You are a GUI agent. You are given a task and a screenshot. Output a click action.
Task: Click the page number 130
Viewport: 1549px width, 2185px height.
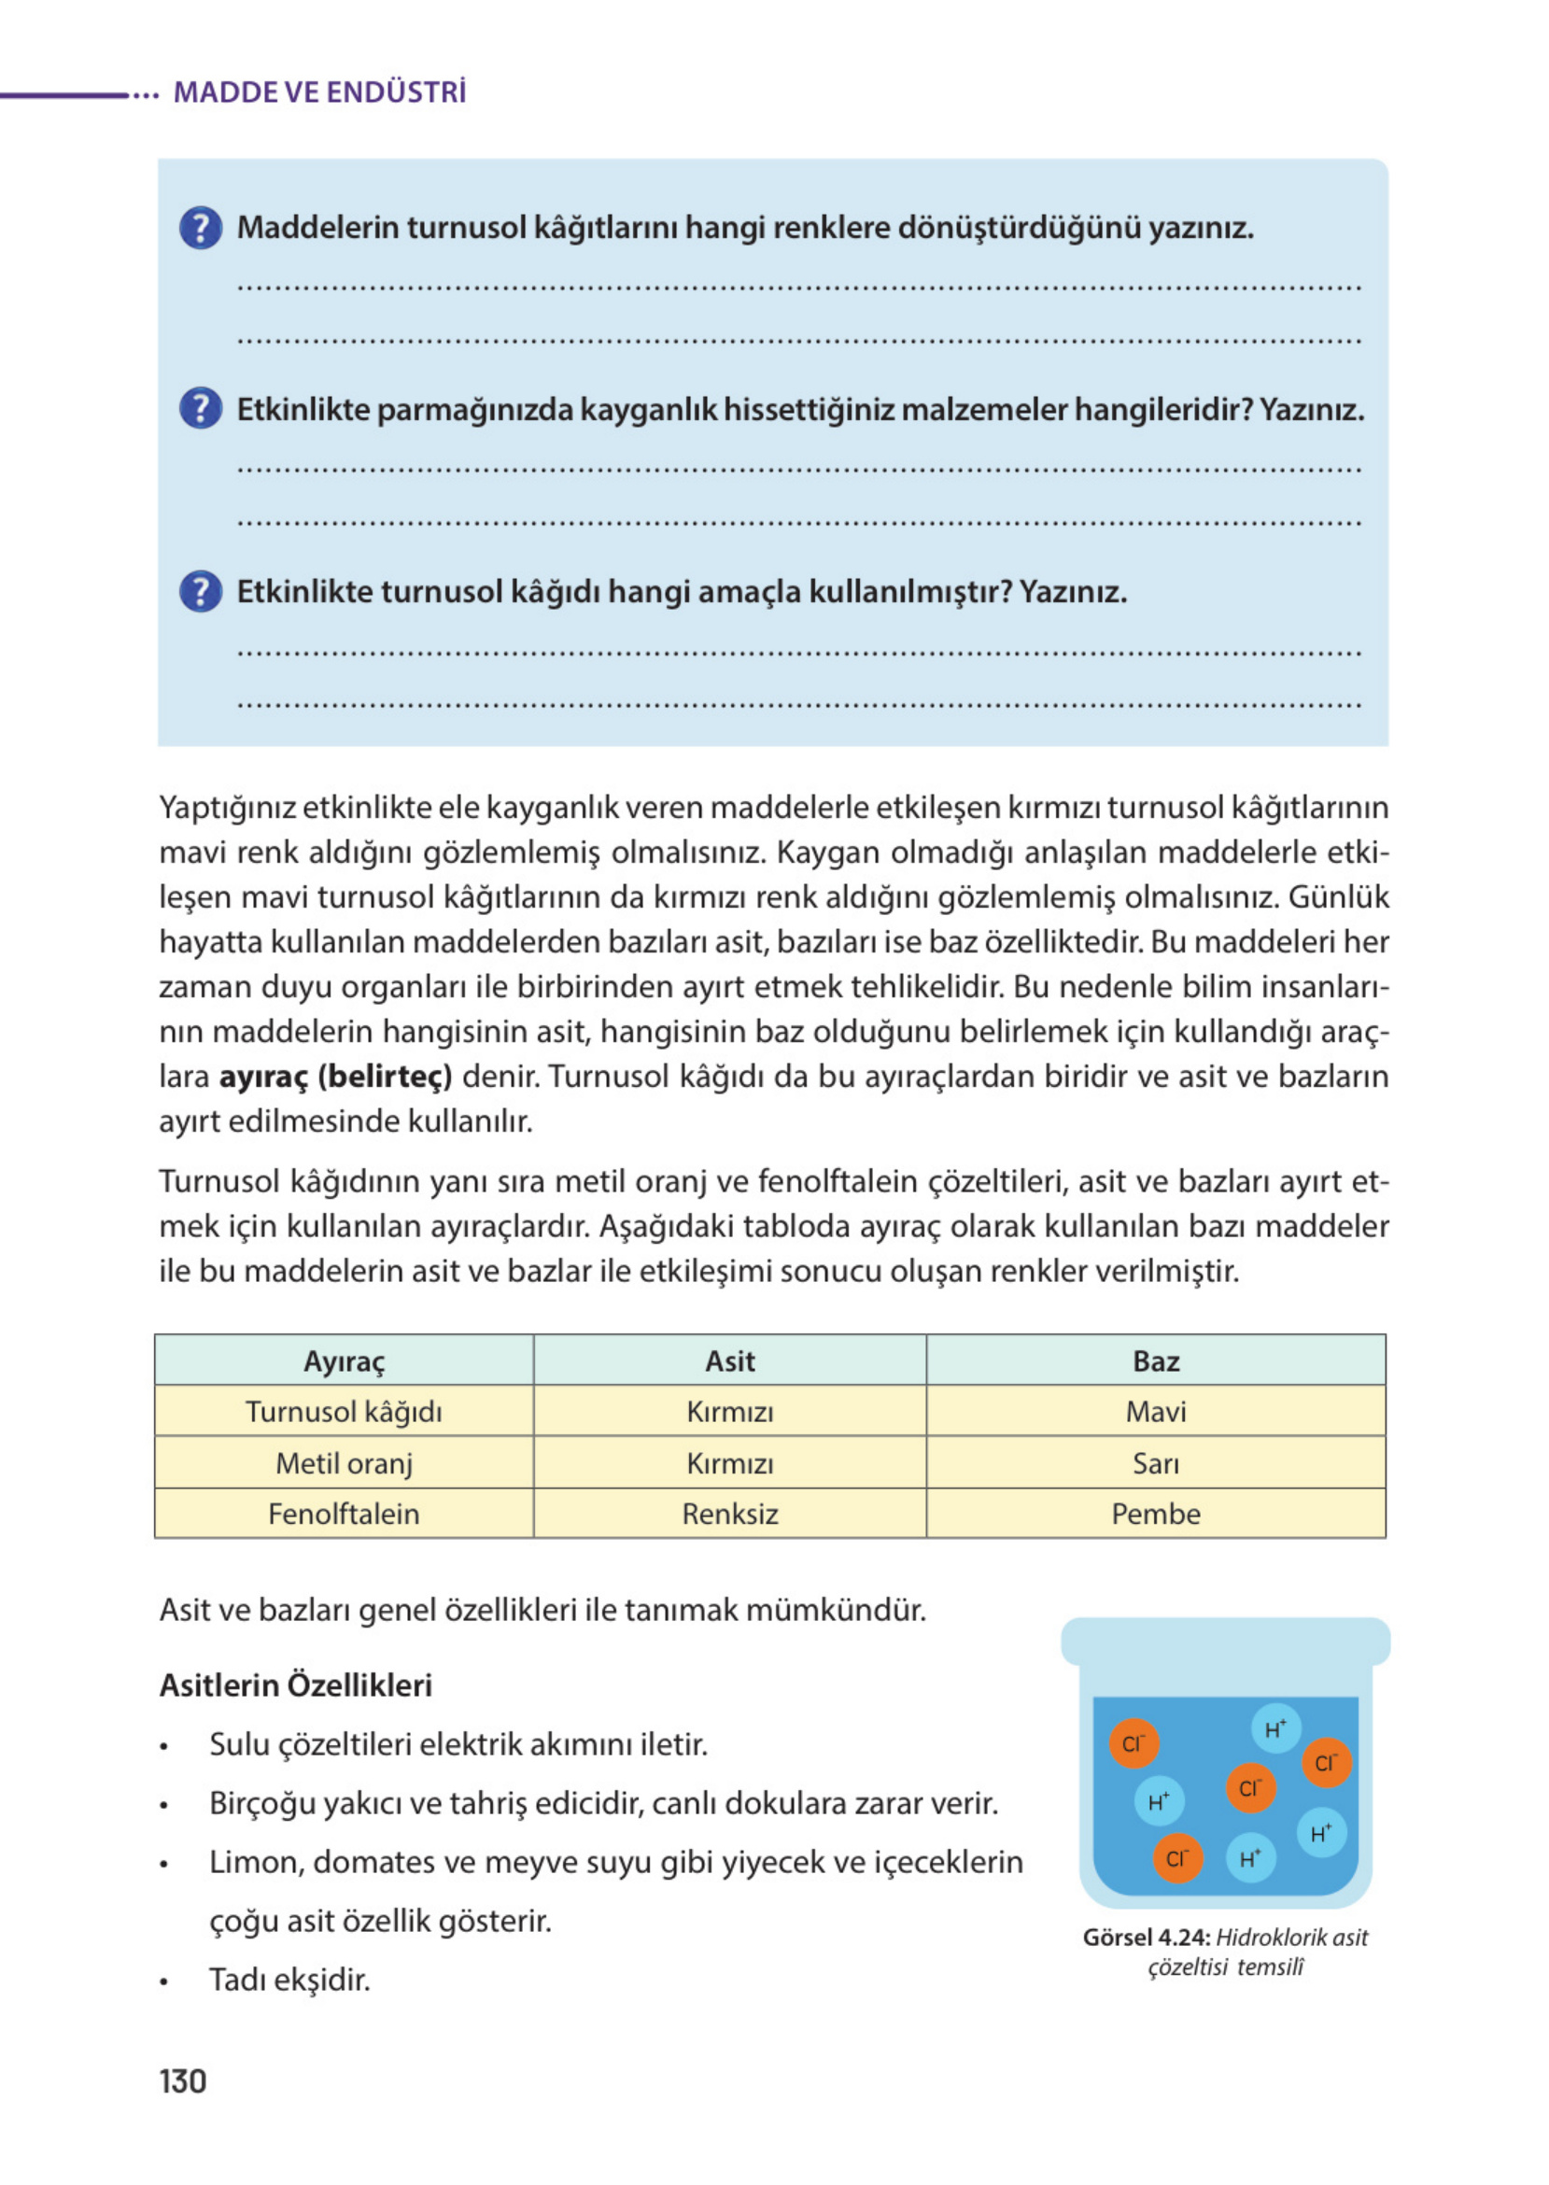182,2080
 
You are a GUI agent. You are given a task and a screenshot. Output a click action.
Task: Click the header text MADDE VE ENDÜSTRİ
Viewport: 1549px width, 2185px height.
319,92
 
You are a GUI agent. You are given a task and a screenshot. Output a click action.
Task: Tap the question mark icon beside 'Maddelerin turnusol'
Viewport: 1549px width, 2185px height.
201,228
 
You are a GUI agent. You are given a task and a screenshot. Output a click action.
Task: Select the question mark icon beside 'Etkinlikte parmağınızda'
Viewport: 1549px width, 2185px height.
201,409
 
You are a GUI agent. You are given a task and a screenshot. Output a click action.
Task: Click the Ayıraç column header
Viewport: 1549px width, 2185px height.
344,1361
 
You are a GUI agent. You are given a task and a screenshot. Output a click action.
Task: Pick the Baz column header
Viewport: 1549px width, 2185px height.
1155,1361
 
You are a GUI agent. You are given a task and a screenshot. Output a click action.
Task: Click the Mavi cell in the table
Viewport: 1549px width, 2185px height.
1155,1412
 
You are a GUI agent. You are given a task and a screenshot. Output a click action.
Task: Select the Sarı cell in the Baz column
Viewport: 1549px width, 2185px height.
1155,1463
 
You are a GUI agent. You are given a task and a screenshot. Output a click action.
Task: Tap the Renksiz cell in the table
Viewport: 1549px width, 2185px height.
729,1514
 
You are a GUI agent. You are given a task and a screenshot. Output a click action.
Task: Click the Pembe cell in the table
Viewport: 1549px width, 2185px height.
1155,1514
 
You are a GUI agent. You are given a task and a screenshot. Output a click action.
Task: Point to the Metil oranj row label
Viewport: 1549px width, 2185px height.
344,1463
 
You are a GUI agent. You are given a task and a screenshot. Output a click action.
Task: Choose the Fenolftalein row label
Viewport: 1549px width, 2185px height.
344,1514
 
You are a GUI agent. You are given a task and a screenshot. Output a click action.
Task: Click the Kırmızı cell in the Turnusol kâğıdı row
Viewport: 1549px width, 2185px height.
729,1412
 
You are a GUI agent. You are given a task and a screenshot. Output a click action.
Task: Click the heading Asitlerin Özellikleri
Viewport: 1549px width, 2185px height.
296,1685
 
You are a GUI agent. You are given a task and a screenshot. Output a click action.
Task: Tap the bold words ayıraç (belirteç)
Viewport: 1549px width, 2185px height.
335,1077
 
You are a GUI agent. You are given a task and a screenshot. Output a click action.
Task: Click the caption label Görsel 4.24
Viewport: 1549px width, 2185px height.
1146,1937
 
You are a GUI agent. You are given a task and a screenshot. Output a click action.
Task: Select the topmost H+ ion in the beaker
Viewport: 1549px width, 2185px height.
1275,1728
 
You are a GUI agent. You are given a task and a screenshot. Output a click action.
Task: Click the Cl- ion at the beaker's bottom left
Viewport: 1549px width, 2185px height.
1177,1858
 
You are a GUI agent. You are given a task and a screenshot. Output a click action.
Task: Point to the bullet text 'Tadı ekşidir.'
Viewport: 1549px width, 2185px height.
289,1979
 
